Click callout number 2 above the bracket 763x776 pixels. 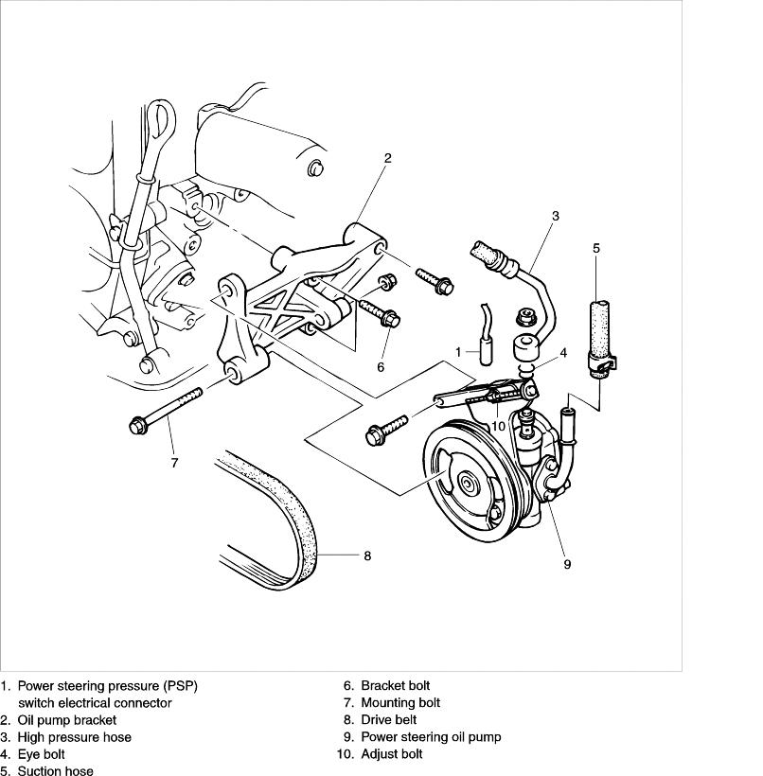[x=387, y=158]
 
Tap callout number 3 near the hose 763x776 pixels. [x=556, y=216]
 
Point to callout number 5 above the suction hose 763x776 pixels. [x=595, y=248]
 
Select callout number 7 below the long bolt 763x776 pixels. [x=174, y=464]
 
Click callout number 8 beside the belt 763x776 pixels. [x=367, y=556]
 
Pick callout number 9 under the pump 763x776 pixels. [x=567, y=564]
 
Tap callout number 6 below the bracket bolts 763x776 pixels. [x=381, y=367]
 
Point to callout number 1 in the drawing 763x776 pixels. [x=458, y=352]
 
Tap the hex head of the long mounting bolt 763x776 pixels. [x=136, y=425]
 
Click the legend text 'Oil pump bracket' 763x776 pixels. [x=66, y=720]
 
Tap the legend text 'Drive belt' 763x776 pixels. [x=390, y=720]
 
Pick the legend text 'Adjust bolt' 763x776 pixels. [x=392, y=754]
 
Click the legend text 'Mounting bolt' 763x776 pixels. [x=400, y=703]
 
